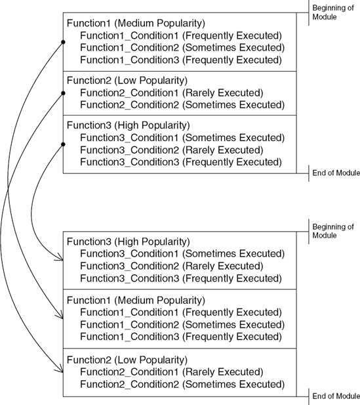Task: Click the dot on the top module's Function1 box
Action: click(x=63, y=42)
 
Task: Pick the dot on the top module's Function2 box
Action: click(x=63, y=93)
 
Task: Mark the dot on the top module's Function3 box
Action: click(x=63, y=144)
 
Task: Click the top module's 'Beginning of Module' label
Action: click(x=335, y=12)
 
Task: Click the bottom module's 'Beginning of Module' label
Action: click(x=335, y=231)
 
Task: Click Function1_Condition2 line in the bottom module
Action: click(x=182, y=325)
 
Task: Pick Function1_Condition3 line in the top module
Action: click(x=181, y=60)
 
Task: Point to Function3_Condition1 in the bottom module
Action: click(x=182, y=253)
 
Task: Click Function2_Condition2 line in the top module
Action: click(x=182, y=104)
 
